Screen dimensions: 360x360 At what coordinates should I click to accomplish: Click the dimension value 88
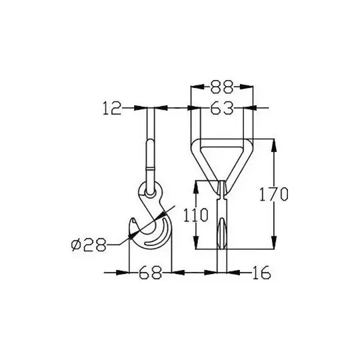(222, 87)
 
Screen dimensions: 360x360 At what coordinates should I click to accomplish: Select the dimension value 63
(222, 108)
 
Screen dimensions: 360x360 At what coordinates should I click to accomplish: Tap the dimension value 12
(112, 108)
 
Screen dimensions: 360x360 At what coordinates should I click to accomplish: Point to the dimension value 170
(273, 194)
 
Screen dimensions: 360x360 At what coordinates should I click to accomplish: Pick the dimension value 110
(195, 215)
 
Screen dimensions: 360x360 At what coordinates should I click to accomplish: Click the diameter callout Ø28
(89, 245)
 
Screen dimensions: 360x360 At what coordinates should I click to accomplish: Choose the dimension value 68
(150, 273)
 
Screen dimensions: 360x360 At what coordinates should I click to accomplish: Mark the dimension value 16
(261, 273)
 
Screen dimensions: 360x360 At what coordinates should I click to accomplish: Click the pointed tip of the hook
(132, 219)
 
